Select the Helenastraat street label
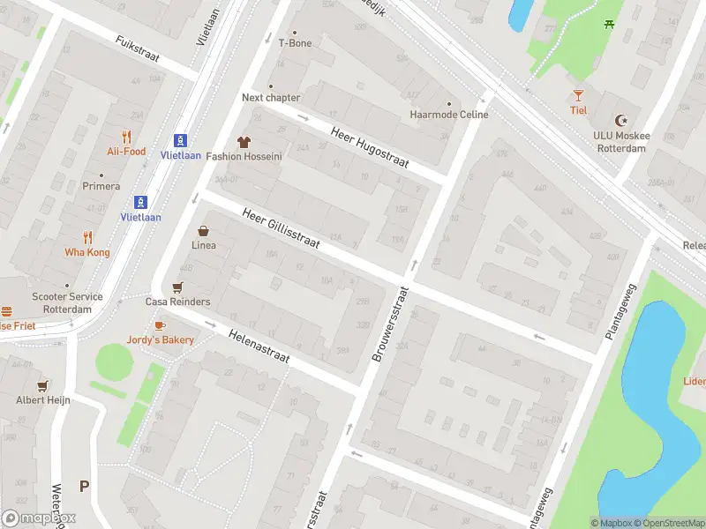coord(259,348)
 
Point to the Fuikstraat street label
coord(137,48)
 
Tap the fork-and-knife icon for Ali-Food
coord(127,137)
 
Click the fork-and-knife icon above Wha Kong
coord(87,236)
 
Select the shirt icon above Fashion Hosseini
coord(244,141)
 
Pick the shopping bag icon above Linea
coord(203,230)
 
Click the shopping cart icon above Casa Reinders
coord(177,287)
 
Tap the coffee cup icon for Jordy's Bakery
coord(160,325)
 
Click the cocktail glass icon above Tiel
coord(578,95)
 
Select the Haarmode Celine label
coord(449,115)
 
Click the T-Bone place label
coord(295,42)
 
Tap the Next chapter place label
coord(271,98)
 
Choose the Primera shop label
coord(101,186)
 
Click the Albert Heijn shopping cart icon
coord(41,385)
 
